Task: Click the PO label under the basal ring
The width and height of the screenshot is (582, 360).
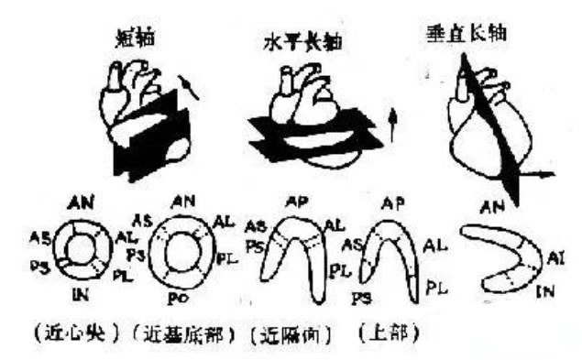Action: pos(179,298)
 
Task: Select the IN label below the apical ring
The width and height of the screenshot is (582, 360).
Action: pos(80,292)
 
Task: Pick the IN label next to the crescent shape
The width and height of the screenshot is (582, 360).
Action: pos(545,290)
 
